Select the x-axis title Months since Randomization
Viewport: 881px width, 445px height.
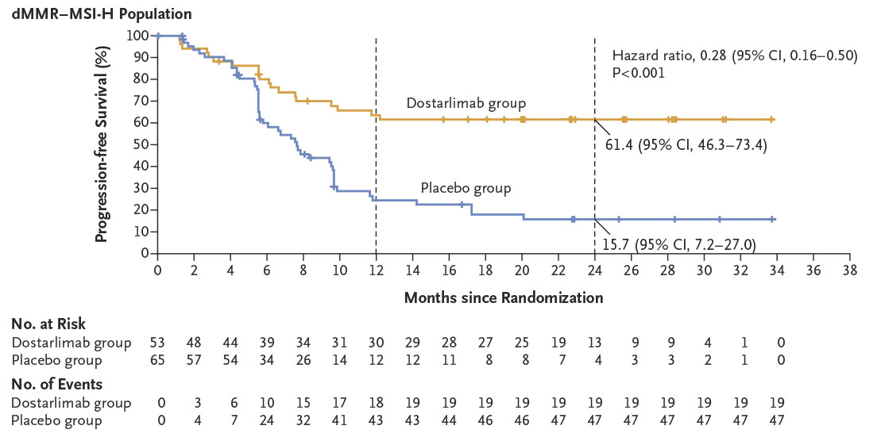(x=504, y=298)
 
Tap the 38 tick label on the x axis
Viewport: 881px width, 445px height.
(x=849, y=270)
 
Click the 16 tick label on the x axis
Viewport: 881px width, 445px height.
(x=449, y=270)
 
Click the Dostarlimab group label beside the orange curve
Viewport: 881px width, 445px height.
(x=466, y=103)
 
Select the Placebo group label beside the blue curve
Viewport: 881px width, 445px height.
(x=465, y=188)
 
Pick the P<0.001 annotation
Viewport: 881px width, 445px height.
(x=639, y=71)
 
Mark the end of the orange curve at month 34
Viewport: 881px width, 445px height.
(x=772, y=119)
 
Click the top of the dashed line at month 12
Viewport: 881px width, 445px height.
(x=376, y=38)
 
